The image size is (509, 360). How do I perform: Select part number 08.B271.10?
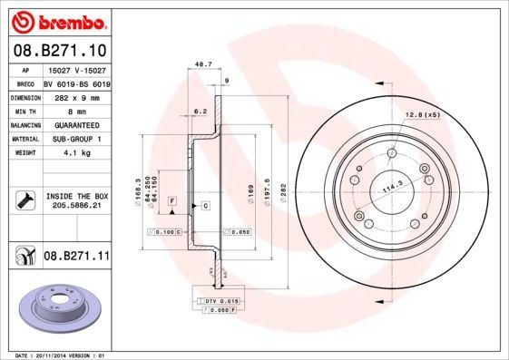pyautogui.click(x=60, y=52)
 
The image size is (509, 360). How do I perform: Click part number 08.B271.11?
pyautogui.click(x=76, y=257)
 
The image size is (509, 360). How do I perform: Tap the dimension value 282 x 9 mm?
pyautogui.click(x=75, y=95)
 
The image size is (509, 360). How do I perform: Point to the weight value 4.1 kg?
pyautogui.click(x=75, y=153)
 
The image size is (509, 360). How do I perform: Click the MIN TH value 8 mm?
pyautogui.click(x=75, y=110)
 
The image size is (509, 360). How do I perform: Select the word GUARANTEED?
pyautogui.click(x=75, y=124)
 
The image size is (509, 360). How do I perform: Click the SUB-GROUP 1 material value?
pyautogui.click(x=75, y=139)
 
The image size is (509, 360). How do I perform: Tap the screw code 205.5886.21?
pyautogui.click(x=76, y=206)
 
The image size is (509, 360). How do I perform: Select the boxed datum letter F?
pyautogui.click(x=171, y=199)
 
